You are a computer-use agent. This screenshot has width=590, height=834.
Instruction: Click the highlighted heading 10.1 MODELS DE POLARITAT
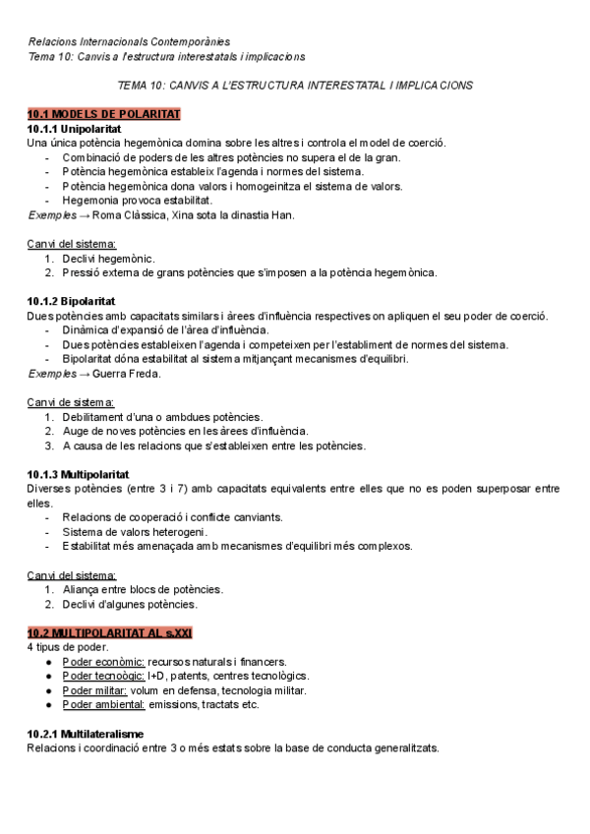coord(103,114)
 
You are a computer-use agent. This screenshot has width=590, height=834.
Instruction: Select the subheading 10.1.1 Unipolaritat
coord(80,129)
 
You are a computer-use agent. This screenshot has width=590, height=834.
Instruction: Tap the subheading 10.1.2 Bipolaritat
coord(78,301)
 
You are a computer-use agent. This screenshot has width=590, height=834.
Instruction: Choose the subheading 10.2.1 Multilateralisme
coord(86,734)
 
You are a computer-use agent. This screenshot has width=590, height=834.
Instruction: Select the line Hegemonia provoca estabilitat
coord(137,201)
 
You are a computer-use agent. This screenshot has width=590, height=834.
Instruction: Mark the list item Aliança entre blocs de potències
coord(143,589)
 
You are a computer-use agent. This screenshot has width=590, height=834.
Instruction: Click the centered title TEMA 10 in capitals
coord(295,86)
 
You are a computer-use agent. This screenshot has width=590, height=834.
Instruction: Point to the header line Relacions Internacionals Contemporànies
coord(129,41)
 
